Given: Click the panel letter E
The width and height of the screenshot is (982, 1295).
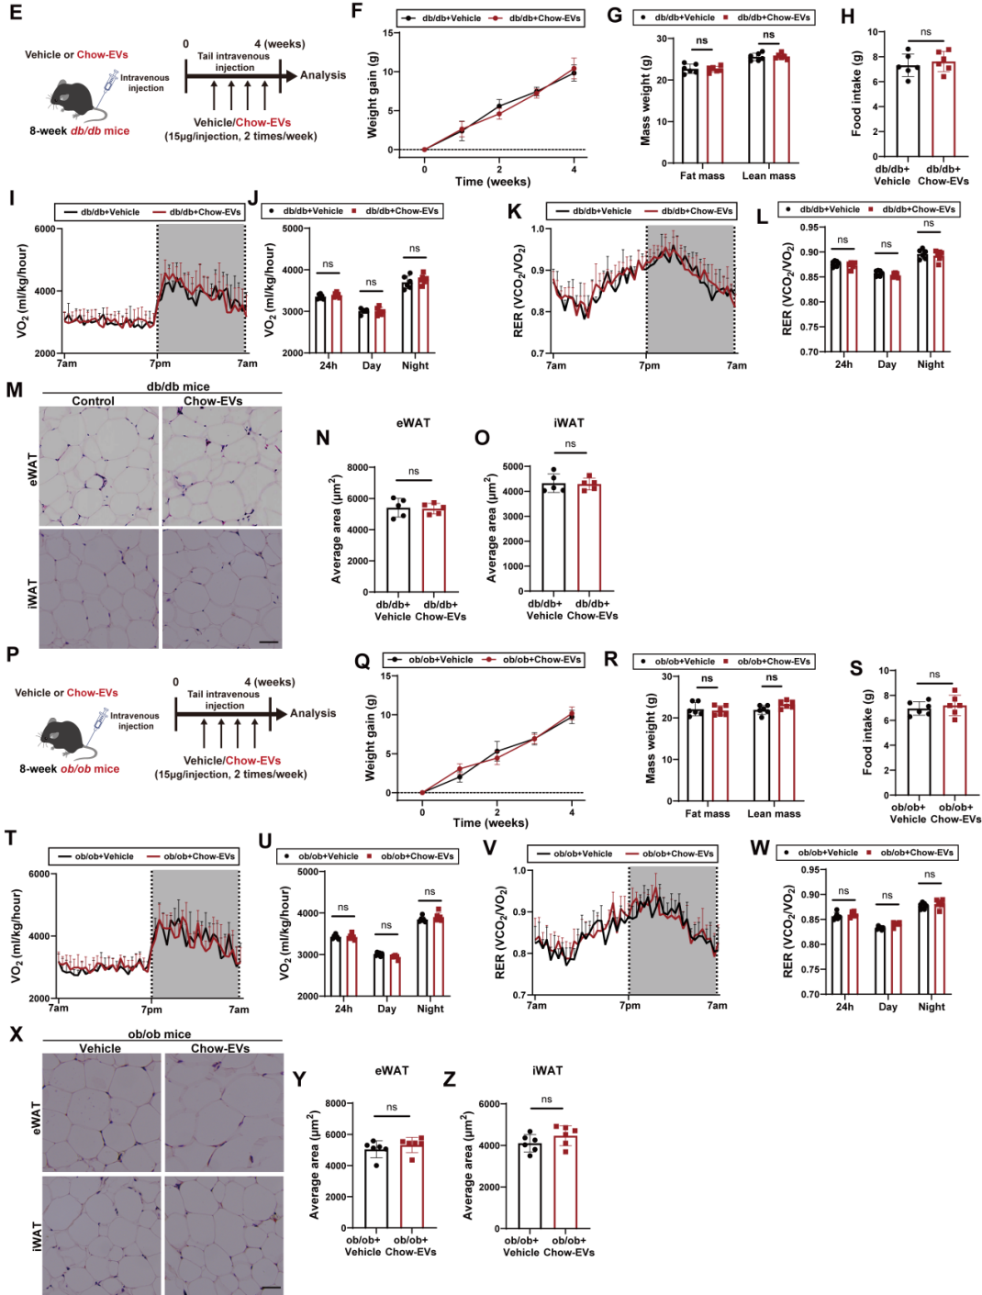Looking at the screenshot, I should pyautogui.click(x=16, y=14).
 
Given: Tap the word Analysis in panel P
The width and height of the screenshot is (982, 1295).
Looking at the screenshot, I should pyautogui.click(x=313, y=713).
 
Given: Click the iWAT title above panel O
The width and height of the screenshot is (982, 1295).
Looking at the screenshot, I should pyautogui.click(x=569, y=423).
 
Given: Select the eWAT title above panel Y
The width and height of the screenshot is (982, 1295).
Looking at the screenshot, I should pyautogui.click(x=392, y=1070).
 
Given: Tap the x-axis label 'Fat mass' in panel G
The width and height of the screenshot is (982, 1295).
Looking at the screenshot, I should pyautogui.click(x=702, y=176).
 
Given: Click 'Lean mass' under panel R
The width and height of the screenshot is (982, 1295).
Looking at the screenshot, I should pyautogui.click(x=774, y=813).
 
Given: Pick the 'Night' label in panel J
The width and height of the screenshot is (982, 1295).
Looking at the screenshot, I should pyautogui.click(x=415, y=365).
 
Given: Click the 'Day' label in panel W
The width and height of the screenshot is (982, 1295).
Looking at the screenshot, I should pyautogui.click(x=887, y=1007).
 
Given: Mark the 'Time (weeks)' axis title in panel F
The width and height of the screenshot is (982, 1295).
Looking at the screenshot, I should pyautogui.click(x=492, y=181).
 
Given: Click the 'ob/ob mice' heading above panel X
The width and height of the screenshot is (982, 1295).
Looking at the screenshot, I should pyautogui.click(x=160, y=1034).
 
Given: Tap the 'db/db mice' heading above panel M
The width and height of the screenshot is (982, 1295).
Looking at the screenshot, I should pyautogui.click(x=178, y=386).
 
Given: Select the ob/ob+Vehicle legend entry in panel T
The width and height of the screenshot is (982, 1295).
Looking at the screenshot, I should pyautogui.click(x=104, y=856).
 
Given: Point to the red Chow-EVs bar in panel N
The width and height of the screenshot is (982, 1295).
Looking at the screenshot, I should pyautogui.click(x=434, y=548).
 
